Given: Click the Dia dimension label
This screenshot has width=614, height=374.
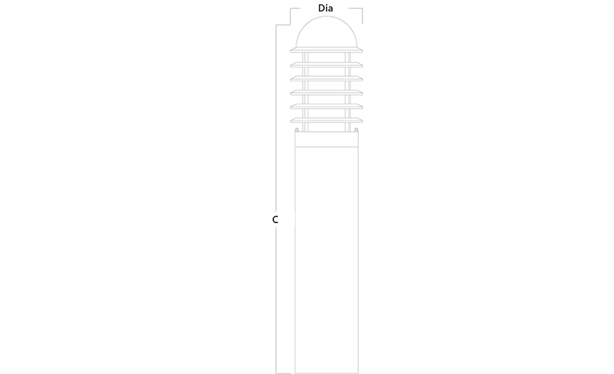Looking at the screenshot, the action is tap(325, 8).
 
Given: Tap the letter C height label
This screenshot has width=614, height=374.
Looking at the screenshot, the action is tap(275, 220).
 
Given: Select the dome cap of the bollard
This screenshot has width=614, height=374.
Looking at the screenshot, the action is tap(327, 32).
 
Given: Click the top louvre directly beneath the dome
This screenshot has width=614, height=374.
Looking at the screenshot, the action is tap(327, 50).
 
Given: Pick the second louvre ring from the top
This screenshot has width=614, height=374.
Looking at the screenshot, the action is tap(327, 65).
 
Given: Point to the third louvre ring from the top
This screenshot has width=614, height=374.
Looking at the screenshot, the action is tap(327, 79).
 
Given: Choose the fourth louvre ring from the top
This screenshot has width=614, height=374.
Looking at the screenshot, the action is tap(327, 93).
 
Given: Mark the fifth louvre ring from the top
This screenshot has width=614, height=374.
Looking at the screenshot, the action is tap(327, 106).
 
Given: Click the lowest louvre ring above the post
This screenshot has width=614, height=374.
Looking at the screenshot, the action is tap(327, 120).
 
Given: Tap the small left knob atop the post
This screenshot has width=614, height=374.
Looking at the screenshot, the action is tap(296, 130).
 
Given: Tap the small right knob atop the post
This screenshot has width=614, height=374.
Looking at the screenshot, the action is tap(356, 130).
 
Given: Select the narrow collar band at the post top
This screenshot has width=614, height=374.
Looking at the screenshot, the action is tap(327, 139).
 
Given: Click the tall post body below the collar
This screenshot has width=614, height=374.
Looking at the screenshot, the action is tap(327, 260).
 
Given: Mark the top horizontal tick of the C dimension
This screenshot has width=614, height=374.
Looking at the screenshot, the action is tap(283, 25).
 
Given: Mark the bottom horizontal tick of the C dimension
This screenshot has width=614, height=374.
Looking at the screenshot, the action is tap(283, 373).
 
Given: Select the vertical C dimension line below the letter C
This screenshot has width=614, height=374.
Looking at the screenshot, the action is tap(276, 300).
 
